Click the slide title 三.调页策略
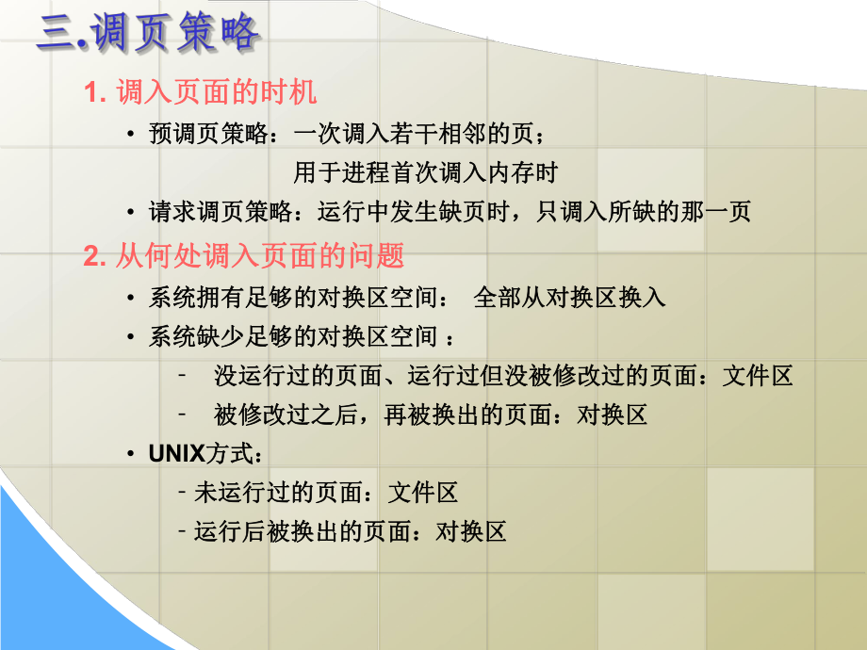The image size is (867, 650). (x=147, y=34)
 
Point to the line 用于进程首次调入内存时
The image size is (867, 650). (x=425, y=172)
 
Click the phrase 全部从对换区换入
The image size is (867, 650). (x=570, y=299)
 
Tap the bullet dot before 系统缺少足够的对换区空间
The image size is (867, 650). (x=131, y=337)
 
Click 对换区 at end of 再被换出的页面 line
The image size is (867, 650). (x=612, y=415)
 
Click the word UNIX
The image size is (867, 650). (x=176, y=454)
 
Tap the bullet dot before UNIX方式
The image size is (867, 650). (x=131, y=454)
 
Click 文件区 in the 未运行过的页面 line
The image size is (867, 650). (x=423, y=493)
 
